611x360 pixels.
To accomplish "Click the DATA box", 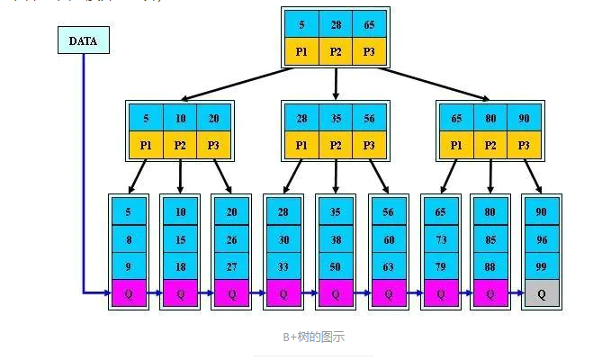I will click(83, 40).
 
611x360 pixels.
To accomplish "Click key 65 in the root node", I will click(370, 25).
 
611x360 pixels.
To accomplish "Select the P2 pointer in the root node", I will click(336, 51).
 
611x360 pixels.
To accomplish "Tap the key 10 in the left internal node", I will click(180, 118).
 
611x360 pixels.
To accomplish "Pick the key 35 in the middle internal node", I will click(336, 118).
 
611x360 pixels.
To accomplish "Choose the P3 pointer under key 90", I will click(525, 144).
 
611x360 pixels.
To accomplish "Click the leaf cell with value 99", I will click(542, 266).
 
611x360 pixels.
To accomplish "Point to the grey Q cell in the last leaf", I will click(542, 293).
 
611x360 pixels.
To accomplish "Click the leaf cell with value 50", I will click(335, 266).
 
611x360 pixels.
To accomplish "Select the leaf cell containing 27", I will click(231, 266).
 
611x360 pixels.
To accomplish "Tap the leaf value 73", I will click(439, 239).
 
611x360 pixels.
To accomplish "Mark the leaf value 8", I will click(128, 239).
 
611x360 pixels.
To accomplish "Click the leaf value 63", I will click(388, 266).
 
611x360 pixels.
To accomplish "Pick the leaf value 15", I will click(180, 239).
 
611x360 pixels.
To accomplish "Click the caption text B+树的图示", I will click(312, 337).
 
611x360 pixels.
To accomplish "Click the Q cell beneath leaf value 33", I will click(283, 293).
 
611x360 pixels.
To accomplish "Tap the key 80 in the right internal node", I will click(490, 118).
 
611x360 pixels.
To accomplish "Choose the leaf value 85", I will click(490, 239).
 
